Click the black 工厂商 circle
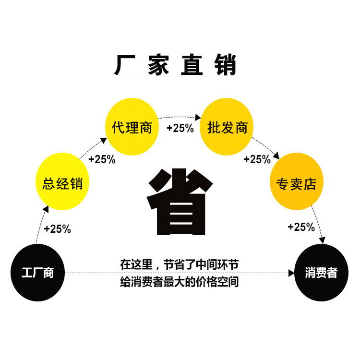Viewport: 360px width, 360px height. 38,273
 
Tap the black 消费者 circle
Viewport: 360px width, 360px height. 321,273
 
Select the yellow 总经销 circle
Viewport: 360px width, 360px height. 63,182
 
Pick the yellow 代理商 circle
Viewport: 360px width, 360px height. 132,127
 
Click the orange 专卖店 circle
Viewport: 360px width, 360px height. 297,182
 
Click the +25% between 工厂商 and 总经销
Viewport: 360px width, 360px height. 57,229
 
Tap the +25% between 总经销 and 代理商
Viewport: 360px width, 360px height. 102,159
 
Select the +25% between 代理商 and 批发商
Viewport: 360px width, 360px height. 180,128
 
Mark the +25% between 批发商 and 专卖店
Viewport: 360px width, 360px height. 257,159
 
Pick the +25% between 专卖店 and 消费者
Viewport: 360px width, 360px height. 301,227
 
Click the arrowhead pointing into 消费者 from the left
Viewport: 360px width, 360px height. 291,273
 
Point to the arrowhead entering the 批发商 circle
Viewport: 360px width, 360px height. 197,117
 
